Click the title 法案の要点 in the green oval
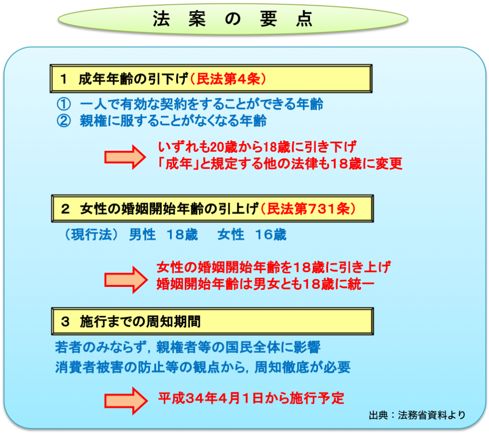[233, 19]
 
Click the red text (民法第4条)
[228, 79]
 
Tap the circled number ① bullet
[64, 104]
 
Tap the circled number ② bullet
[64, 121]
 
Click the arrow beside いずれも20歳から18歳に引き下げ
[125, 157]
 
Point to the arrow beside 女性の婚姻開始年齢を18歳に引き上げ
[126, 280]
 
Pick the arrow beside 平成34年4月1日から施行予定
[126, 401]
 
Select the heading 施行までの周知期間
[140, 322]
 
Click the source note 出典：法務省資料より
[417, 415]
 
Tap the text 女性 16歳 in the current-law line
[252, 234]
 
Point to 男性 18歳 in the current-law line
[163, 234]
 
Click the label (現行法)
[91, 234]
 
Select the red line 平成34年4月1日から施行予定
[251, 398]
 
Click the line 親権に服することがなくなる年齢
[173, 121]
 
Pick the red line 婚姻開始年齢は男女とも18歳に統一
[266, 284]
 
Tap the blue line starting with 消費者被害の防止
[202, 367]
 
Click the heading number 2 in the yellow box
[65, 209]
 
